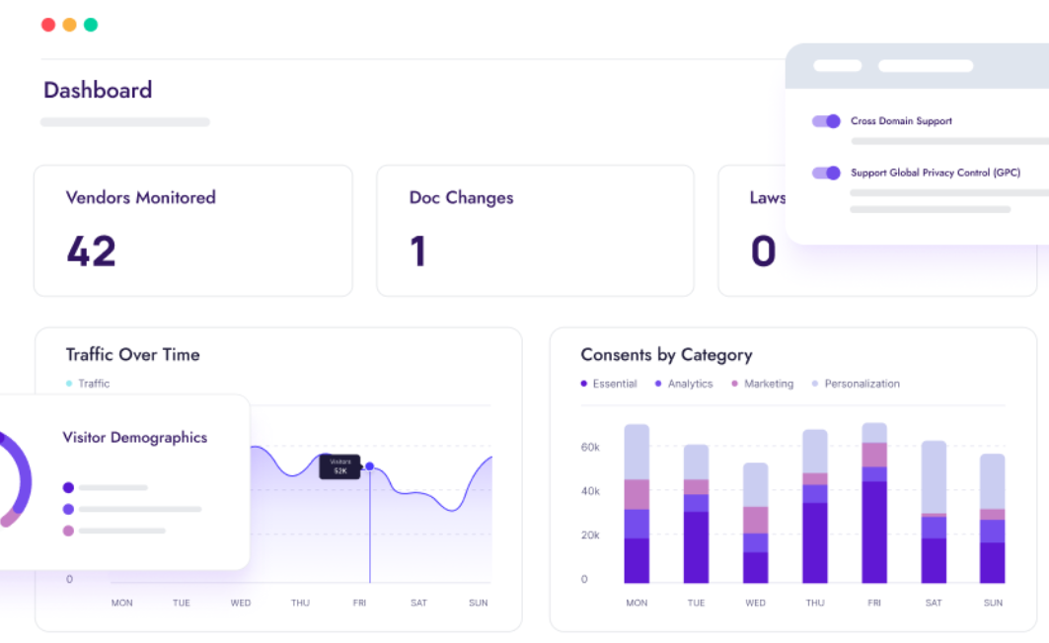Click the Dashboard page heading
click(x=98, y=91)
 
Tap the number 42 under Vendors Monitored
click(x=92, y=251)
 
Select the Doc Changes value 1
click(x=418, y=251)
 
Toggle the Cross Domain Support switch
click(x=826, y=121)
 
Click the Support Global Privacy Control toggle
click(x=826, y=173)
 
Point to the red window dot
click(x=47, y=25)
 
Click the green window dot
click(x=91, y=25)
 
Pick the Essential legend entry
click(x=609, y=384)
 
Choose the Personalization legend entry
click(x=856, y=384)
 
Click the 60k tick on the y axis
click(x=590, y=448)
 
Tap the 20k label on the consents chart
click(x=590, y=536)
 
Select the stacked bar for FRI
click(x=873, y=503)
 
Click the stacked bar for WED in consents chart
click(x=755, y=523)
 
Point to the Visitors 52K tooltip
click(x=339, y=466)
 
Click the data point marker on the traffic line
click(x=369, y=466)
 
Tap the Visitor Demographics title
click(x=135, y=438)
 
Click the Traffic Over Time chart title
click(x=132, y=355)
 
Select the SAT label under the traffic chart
click(x=418, y=603)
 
